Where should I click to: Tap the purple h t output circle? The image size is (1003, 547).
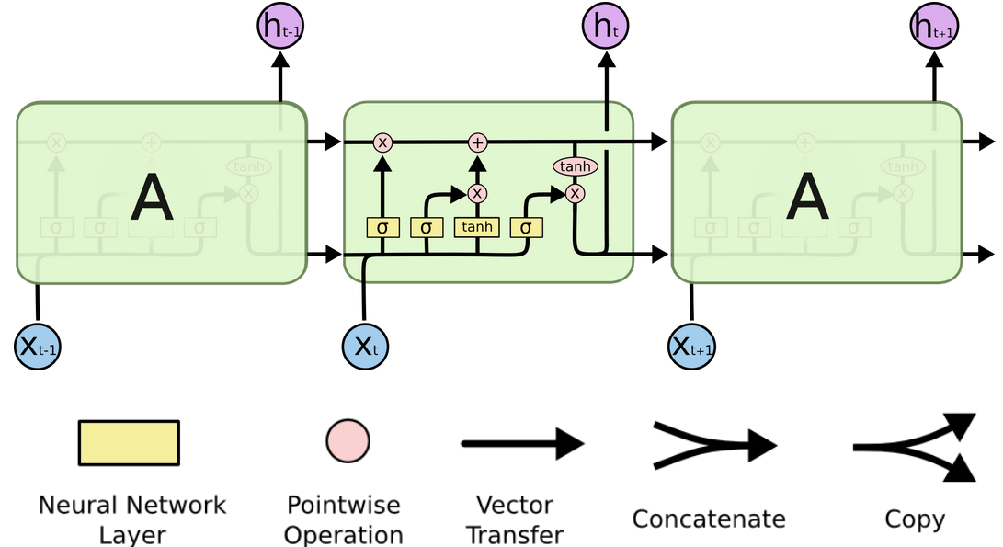pyautogui.click(x=606, y=27)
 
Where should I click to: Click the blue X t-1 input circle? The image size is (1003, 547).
pyautogui.click(x=38, y=347)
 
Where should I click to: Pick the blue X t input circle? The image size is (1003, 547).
pyautogui.click(x=366, y=347)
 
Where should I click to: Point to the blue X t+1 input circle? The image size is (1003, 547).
pyautogui.click(x=692, y=347)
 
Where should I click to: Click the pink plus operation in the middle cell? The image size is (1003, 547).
pyautogui.click(x=477, y=142)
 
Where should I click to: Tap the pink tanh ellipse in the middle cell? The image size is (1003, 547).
pyautogui.click(x=575, y=166)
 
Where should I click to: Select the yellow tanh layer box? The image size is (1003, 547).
pyautogui.click(x=476, y=227)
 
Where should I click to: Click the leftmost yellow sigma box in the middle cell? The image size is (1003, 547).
pyautogui.click(x=382, y=227)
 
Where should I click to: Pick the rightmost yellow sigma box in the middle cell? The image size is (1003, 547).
pyautogui.click(x=526, y=227)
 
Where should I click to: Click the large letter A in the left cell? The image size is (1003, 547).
pyautogui.click(x=152, y=198)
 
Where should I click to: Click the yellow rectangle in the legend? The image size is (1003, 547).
pyautogui.click(x=129, y=443)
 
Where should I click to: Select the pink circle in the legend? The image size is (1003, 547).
pyautogui.click(x=348, y=441)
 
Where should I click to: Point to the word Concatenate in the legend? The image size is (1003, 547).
pyautogui.click(x=708, y=519)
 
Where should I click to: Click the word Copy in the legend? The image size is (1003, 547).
pyautogui.click(x=914, y=519)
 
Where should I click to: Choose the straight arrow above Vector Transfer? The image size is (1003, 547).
pyautogui.click(x=521, y=444)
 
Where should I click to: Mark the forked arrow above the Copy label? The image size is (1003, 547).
pyautogui.click(x=914, y=448)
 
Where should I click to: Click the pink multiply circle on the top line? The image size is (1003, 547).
pyautogui.click(x=382, y=142)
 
